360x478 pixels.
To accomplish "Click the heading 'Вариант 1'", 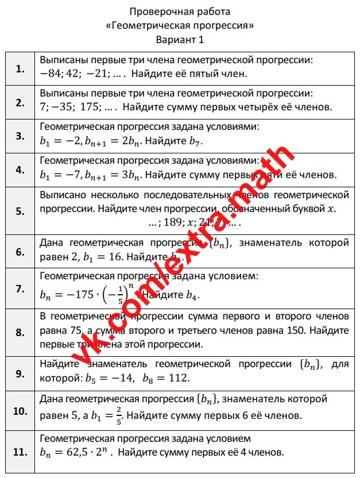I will (180, 40).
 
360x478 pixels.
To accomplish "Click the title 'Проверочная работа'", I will (180, 11).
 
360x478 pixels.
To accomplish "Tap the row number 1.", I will (21, 69).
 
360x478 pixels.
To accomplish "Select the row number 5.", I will (21, 210).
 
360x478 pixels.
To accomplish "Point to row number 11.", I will (21, 452).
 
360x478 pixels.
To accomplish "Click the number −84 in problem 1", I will (52, 74).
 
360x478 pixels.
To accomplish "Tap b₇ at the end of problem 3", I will (195, 141).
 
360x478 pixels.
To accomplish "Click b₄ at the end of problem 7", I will (193, 295).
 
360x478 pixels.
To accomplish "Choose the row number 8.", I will (21, 332).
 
